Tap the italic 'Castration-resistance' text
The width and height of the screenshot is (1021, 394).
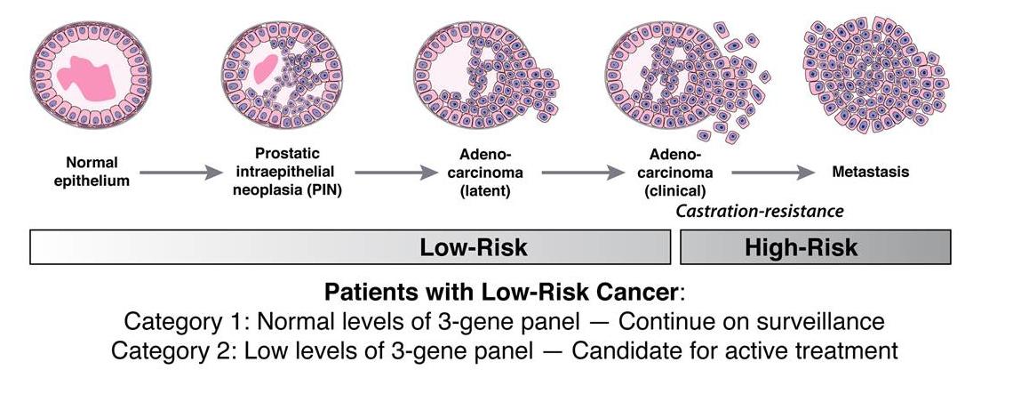click(759, 211)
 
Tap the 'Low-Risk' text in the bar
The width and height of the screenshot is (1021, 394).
click(474, 247)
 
